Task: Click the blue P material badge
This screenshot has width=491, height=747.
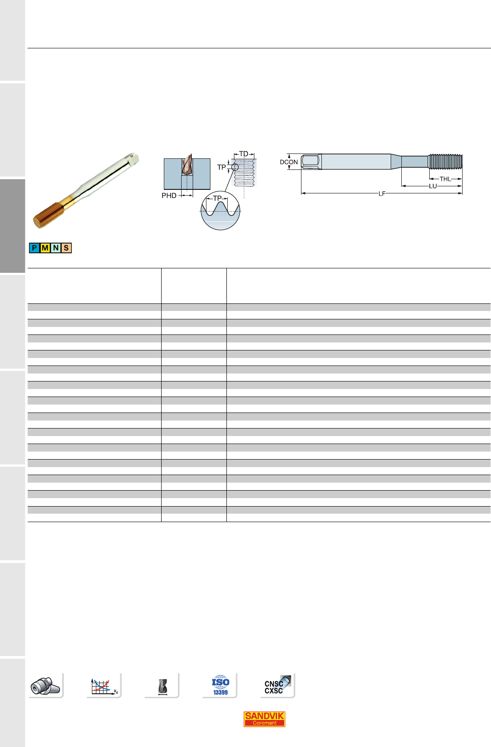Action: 34,248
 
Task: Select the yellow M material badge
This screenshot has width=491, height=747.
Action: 45,248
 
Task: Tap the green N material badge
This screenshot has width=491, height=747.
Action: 56,248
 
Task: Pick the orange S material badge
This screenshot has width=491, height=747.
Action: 66,248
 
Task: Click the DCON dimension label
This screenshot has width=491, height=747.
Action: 289,162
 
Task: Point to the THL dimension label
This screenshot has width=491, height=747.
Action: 445,179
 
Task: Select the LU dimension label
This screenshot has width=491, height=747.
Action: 432,186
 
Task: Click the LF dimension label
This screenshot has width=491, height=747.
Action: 382,193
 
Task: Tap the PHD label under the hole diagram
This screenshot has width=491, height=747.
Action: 169,196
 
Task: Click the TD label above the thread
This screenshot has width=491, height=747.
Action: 244,154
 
